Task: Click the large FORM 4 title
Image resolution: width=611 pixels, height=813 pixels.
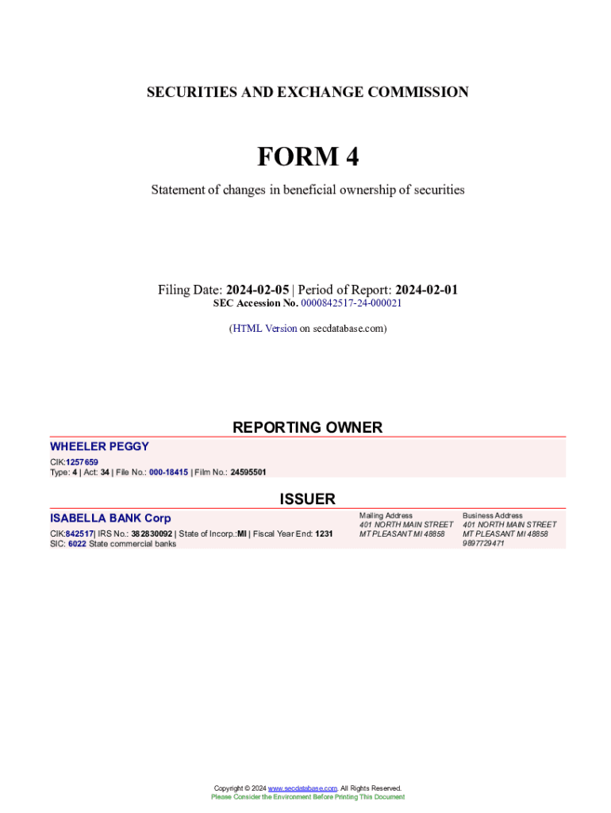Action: (307, 157)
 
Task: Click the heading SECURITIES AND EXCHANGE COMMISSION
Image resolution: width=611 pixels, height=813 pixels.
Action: (307, 92)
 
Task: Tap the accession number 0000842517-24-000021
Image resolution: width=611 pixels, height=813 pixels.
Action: (352, 303)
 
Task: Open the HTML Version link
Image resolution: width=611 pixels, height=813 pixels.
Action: (265, 328)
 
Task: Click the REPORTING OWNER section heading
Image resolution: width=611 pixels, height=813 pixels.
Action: (307, 427)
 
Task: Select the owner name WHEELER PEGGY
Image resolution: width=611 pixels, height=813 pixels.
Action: (99, 446)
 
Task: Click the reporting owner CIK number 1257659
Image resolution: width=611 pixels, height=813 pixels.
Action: (82, 462)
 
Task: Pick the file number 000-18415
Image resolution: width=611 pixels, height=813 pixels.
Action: (168, 472)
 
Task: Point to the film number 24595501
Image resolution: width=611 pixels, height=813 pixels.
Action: (248, 472)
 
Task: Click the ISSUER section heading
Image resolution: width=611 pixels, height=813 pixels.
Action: (307, 499)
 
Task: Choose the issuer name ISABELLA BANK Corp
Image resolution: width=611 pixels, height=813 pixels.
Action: (110, 518)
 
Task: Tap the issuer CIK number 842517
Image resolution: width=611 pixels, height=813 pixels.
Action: (79, 534)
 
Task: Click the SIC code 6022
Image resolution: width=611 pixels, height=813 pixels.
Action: (77, 545)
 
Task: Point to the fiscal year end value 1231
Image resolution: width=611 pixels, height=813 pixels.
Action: (324, 534)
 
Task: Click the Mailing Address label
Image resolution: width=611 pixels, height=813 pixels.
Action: (386, 515)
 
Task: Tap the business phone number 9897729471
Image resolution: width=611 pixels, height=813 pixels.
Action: (483, 544)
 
